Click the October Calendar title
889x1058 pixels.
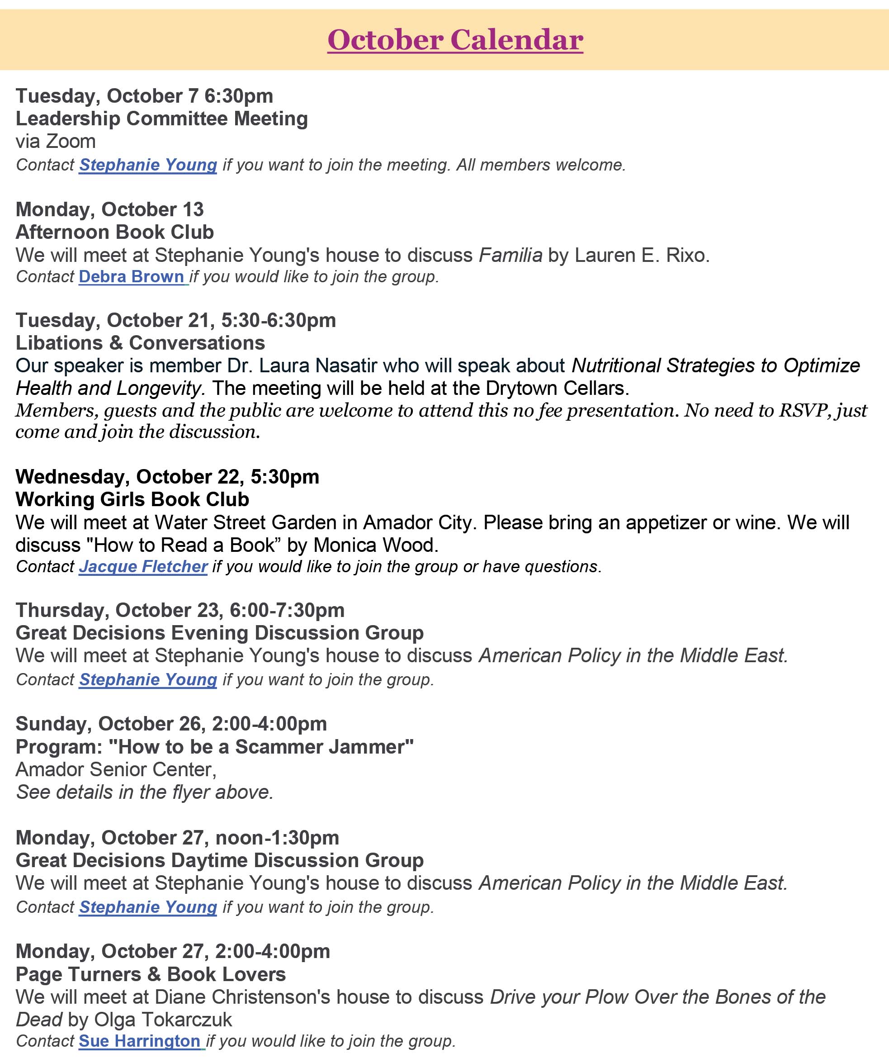(x=455, y=40)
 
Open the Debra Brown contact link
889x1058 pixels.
(x=132, y=277)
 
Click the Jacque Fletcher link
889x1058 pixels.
(x=143, y=567)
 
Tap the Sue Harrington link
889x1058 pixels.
(x=140, y=1041)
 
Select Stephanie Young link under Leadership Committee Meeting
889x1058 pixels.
(x=148, y=165)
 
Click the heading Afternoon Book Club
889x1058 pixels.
(x=115, y=232)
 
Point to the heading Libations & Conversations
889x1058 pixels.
(x=140, y=343)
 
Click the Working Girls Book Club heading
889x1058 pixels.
(x=132, y=499)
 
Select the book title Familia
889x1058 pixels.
(x=510, y=255)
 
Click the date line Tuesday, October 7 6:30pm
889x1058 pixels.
(x=145, y=96)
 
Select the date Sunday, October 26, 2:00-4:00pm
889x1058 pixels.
(x=171, y=724)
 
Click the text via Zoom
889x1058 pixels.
(x=56, y=141)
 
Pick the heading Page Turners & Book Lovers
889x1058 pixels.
(x=151, y=974)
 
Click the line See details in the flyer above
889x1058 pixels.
(x=145, y=792)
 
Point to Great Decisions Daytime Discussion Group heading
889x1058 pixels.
(x=220, y=860)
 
